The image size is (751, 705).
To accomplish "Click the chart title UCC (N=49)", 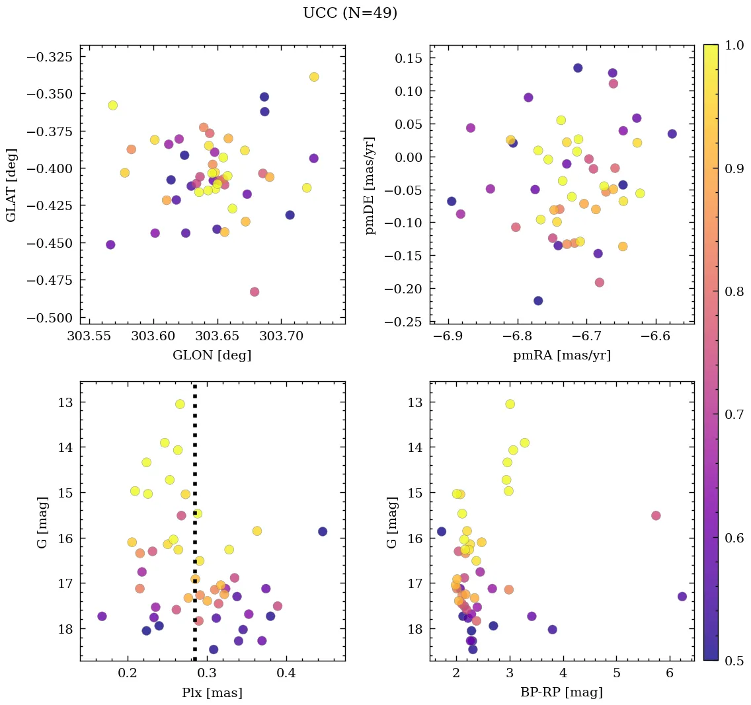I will pos(350,13).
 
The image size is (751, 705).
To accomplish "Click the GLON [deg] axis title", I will pos(212,355).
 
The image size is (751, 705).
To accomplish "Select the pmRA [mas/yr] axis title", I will pos(561,355).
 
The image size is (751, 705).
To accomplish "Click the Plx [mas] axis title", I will pos(212,692).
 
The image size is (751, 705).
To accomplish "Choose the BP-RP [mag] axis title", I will pos(561,692).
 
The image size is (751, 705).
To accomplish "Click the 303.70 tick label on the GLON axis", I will pos(281,337).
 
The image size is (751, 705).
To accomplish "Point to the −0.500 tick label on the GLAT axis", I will pos(50,318).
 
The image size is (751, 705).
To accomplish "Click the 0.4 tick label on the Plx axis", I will pos(286,674).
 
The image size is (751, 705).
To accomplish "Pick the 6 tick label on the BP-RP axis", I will pos(669,674).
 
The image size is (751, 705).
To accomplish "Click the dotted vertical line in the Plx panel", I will pos(194,463).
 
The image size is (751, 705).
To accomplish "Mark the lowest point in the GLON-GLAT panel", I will pos(255,292).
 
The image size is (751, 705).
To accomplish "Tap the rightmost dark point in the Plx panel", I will pos(323,531).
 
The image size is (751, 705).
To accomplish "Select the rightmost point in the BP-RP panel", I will pos(682,596).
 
